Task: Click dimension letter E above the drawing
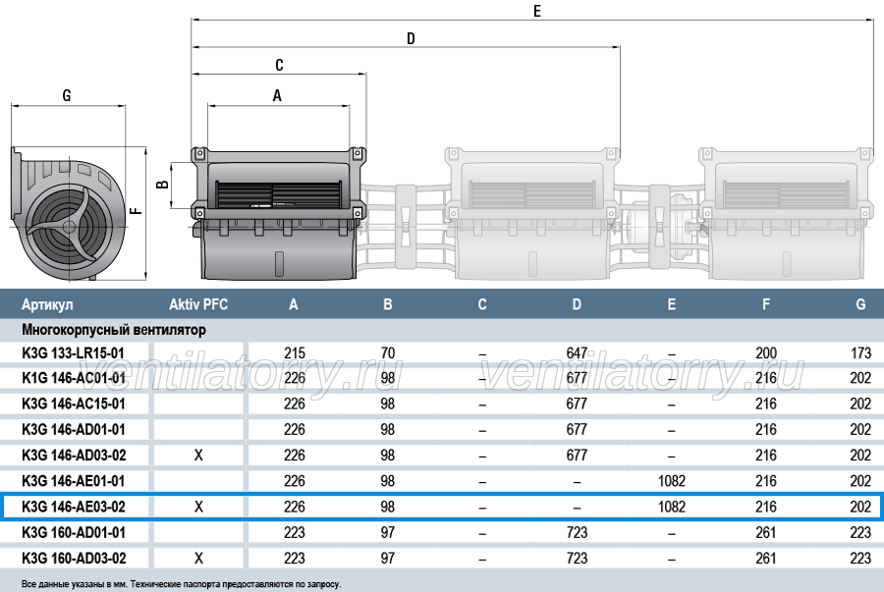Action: tap(536, 11)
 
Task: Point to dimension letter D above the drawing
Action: tap(411, 38)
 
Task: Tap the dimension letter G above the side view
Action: tap(67, 96)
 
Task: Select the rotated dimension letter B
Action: tap(162, 185)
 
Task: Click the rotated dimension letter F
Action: tap(136, 211)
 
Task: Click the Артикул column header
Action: tap(47, 304)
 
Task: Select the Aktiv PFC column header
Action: tap(198, 304)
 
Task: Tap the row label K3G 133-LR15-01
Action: tap(74, 353)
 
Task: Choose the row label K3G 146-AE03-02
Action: tap(74, 507)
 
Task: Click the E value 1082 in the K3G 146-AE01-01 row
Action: tap(672, 481)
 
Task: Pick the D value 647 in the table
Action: tap(577, 353)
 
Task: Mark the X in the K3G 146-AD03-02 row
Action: tap(198, 456)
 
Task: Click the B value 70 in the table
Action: tap(388, 353)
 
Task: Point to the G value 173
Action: tap(860, 353)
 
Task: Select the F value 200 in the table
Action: tap(766, 353)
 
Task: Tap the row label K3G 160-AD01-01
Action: tap(74, 532)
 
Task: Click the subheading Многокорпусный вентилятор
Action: tap(114, 330)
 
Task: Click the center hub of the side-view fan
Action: tap(69, 227)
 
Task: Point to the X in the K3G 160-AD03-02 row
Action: tap(198, 559)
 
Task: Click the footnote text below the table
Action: tap(181, 584)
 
